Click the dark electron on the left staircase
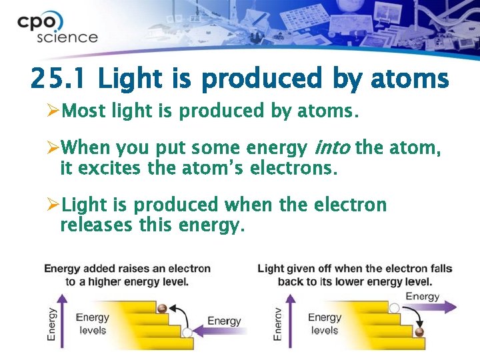pyautogui.click(x=162, y=308)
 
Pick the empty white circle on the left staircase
pyautogui.click(x=187, y=331)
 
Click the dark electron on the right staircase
pyautogui.click(x=419, y=331)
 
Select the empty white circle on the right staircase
pyautogui.click(x=394, y=308)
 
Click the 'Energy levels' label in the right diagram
pyautogui.click(x=325, y=324)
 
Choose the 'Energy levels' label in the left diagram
pyautogui.click(x=93, y=324)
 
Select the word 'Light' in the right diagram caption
pyautogui.click(x=271, y=269)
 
